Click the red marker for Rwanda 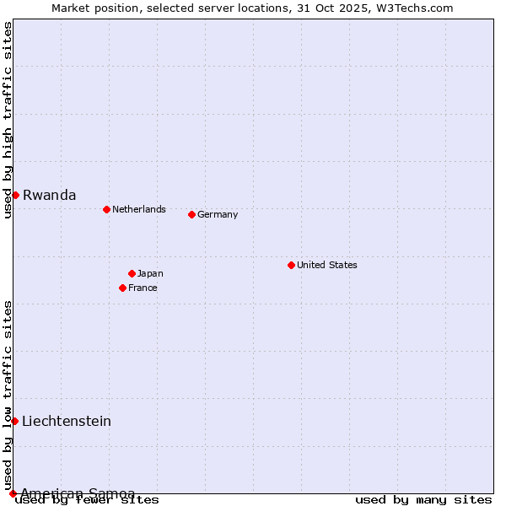15,195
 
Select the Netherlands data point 106,209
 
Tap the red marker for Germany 191,214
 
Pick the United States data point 291,265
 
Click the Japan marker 132,273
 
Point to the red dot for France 122,288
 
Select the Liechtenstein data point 14,421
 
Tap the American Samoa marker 13,493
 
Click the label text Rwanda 49,195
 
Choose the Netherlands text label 139,209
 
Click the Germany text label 218,214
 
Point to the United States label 327,265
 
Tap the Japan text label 150,273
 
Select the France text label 143,288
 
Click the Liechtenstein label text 67,421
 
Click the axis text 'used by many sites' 423,499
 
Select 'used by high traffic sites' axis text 8,120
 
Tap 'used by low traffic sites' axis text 8,395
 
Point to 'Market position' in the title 89,8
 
